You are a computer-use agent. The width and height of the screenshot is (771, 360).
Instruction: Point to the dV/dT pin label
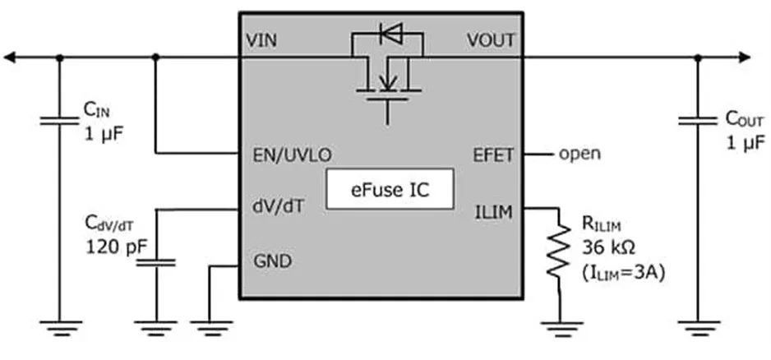pos(275,208)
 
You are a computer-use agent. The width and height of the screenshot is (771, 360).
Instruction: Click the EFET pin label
pos(493,154)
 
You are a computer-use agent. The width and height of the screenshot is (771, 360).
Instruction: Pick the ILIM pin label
pos(496,211)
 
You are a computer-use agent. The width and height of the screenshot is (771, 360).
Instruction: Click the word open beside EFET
pos(580,154)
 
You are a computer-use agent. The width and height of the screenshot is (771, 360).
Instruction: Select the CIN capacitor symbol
pos(59,121)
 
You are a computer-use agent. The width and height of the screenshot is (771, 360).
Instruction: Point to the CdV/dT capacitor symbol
pos(156,262)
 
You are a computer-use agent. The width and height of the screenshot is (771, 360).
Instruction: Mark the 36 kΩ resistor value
pos(608,246)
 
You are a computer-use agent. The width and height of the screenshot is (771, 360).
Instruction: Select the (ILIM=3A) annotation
pos(622,272)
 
